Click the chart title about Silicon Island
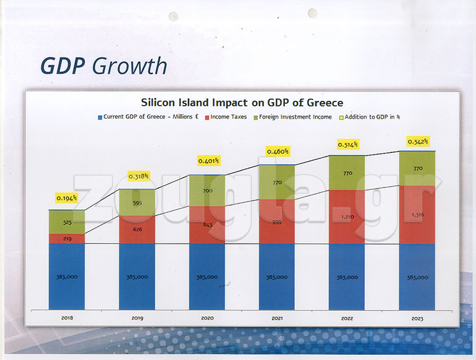point(242,103)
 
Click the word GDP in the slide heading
point(62,66)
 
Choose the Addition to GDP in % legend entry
point(375,117)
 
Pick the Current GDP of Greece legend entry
point(149,117)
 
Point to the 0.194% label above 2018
point(67,198)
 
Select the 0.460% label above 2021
point(278,151)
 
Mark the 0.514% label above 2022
point(347,144)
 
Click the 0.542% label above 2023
point(417,142)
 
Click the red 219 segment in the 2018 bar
point(67,239)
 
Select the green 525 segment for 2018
point(67,222)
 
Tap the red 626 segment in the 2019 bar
point(137,229)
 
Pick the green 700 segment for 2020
point(207,191)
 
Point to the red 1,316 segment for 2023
point(417,215)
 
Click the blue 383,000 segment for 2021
point(277,277)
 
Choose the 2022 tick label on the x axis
point(347,317)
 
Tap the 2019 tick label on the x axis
point(137,317)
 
